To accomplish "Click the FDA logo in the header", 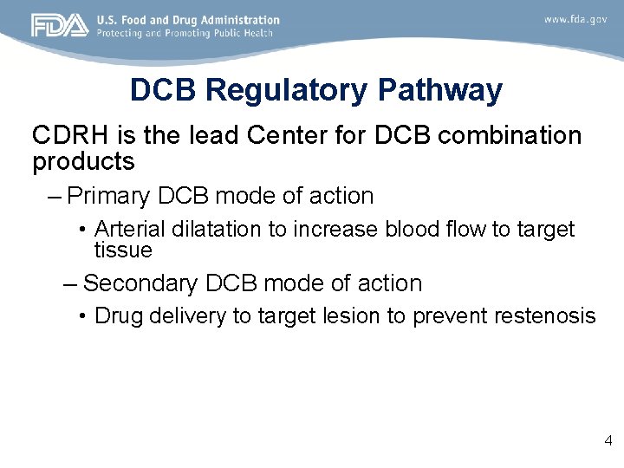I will (x=60, y=25).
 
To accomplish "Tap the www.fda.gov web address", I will (x=575, y=19).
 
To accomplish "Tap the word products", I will (x=83, y=161).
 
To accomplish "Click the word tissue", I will (x=123, y=250).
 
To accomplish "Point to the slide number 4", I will (x=608, y=441).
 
